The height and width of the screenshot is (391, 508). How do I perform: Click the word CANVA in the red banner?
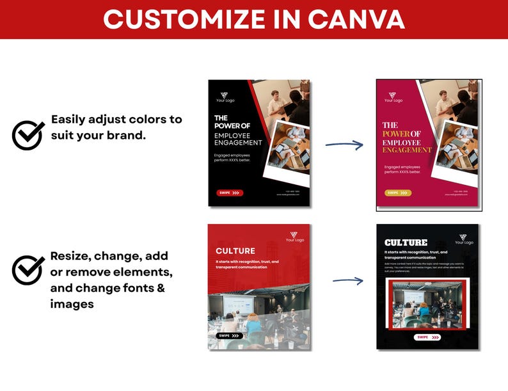356,19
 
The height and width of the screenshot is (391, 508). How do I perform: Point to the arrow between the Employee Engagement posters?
344,144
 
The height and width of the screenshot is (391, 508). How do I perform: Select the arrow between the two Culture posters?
347,280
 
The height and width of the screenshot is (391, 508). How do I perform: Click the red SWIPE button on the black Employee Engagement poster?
229,192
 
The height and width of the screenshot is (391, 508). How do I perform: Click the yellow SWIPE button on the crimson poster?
397,192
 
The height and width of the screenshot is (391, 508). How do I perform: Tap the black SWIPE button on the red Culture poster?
229,335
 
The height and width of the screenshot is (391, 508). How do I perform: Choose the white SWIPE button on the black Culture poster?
427,337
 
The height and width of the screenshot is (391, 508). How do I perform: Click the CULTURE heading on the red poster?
235,251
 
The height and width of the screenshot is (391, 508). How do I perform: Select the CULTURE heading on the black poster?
406,243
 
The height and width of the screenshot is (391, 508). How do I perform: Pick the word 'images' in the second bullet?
72,304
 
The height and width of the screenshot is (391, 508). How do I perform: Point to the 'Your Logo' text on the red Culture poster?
295,241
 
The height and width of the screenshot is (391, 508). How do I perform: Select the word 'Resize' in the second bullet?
70,256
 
